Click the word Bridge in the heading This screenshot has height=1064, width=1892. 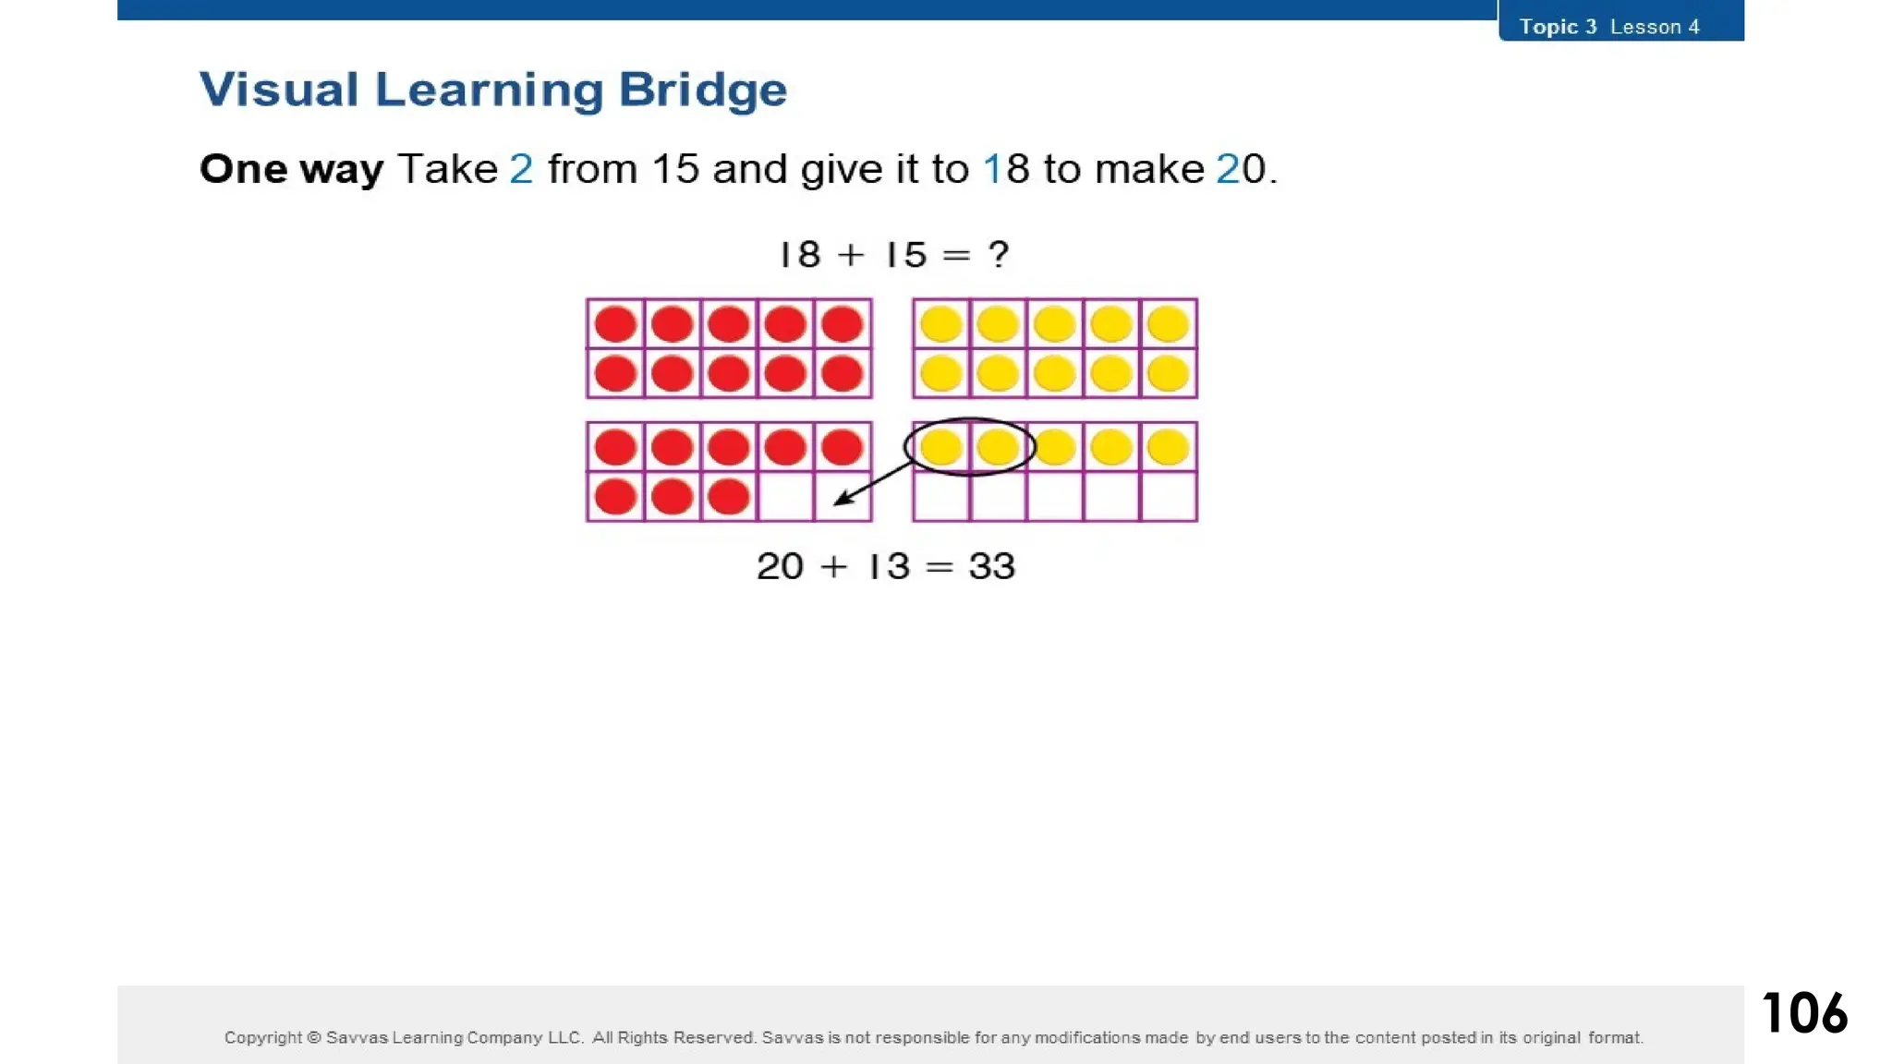pyautogui.click(x=702, y=90)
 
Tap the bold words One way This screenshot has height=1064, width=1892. pyautogui.click(x=291, y=169)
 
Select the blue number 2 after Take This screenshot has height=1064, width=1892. pyautogui.click(x=521, y=169)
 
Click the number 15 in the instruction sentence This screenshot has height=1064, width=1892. pyautogui.click(x=674, y=169)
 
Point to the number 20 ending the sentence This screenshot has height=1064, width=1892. pyautogui.click(x=1241, y=169)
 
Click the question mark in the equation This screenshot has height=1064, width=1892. pyautogui.click(x=999, y=254)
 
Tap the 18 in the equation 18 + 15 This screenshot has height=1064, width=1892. pyautogui.click(x=800, y=254)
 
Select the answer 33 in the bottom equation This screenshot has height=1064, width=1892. pyautogui.click(x=991, y=566)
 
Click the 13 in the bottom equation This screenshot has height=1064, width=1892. pyautogui.click(x=889, y=566)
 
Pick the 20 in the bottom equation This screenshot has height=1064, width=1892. pyautogui.click(x=780, y=566)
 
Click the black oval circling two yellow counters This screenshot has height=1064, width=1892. pyautogui.click(x=969, y=421)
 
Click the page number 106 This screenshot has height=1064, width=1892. pyautogui.click(x=1804, y=1012)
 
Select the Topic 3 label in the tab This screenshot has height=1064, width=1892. pyautogui.click(x=1558, y=27)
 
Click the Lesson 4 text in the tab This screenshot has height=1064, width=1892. pyautogui.click(x=1655, y=27)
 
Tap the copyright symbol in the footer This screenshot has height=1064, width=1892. pyautogui.click(x=313, y=1037)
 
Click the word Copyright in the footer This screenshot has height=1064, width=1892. pyautogui.click(x=262, y=1037)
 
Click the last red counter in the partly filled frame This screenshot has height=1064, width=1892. pyautogui.click(x=728, y=497)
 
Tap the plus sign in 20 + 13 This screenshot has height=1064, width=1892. pyautogui.click(x=833, y=566)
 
